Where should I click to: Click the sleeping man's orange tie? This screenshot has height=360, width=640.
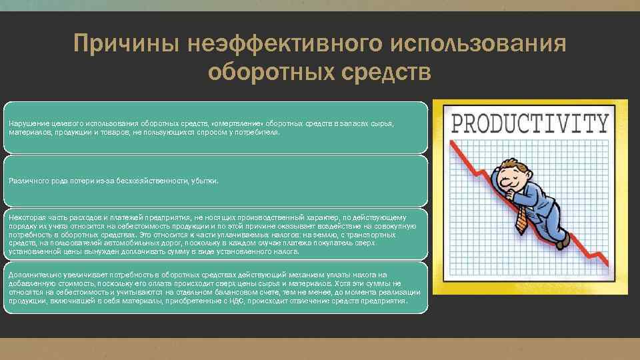coord(521,217)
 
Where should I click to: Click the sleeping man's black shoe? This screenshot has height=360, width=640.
coord(561,240)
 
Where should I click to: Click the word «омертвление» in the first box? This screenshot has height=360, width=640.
coord(237,124)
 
